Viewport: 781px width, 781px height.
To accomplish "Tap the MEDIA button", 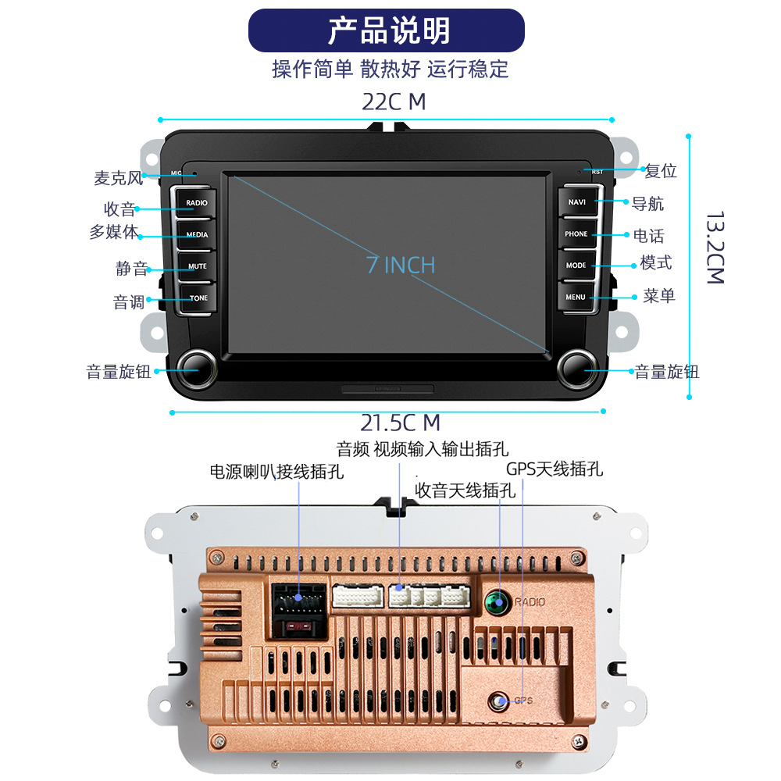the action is tap(197, 234).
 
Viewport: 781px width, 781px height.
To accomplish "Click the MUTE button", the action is tap(198, 266).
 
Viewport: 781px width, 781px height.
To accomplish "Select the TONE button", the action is tap(198, 298).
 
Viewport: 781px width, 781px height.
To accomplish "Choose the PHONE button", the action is tap(577, 234).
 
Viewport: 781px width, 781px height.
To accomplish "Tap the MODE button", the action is tap(576, 266).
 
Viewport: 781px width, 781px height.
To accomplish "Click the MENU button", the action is tap(576, 297).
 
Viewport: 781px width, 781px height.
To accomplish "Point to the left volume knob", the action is tap(197, 369).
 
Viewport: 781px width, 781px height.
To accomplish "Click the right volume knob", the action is tap(578, 369).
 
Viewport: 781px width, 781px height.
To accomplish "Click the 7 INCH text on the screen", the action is tap(401, 265).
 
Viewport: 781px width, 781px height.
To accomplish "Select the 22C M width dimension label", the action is tap(394, 102).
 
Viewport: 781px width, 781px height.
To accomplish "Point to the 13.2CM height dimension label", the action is tap(715, 248).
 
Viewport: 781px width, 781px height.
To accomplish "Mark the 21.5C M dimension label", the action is tap(401, 423).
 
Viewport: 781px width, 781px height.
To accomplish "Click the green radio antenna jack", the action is tap(497, 601).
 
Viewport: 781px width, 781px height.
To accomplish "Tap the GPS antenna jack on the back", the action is tap(498, 701).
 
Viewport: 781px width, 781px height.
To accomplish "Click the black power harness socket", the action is tap(299, 612).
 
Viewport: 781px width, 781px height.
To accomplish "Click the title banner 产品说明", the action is tap(387, 30).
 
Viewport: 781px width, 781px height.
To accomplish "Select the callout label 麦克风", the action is tap(119, 178).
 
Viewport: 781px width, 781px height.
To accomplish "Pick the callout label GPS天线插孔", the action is tap(555, 469).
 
